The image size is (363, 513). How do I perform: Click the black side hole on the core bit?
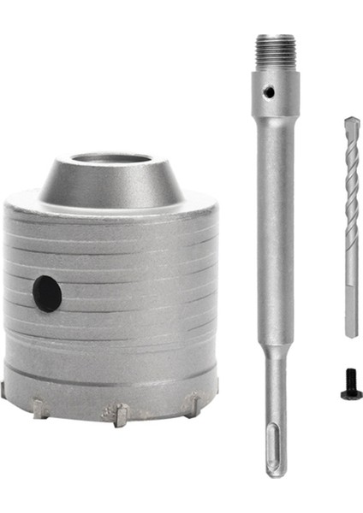tap(47, 294)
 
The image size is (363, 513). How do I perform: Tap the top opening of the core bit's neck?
tap(111, 159)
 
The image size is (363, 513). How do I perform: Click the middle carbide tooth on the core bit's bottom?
tap(120, 415)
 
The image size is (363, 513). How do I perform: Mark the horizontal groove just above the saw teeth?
tap(111, 377)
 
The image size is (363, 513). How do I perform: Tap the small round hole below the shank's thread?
tap(268, 89)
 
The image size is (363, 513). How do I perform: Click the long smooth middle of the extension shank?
tap(275, 239)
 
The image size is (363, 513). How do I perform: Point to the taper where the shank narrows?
tap(275, 351)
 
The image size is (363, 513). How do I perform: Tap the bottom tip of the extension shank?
tap(275, 472)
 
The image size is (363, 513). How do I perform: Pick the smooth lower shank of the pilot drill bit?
tap(350, 299)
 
